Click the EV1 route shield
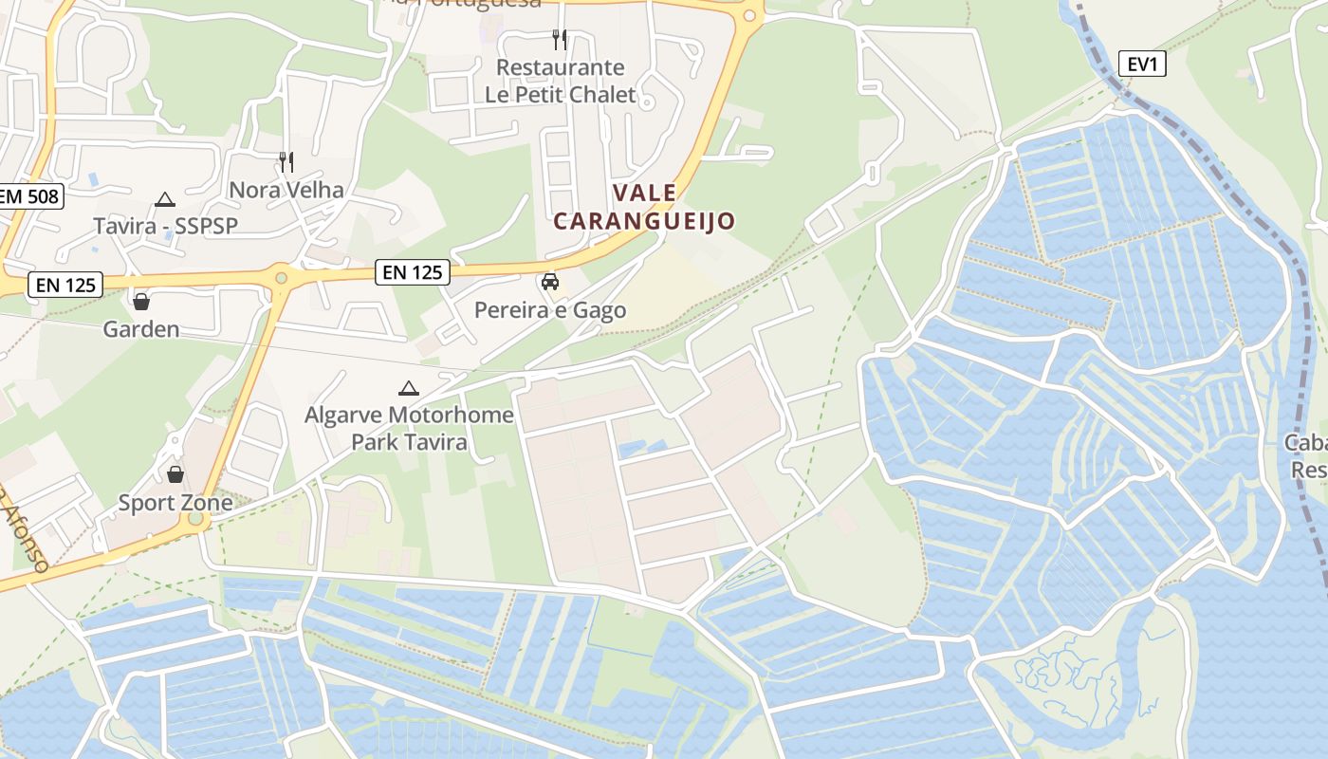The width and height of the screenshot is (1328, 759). (1142, 65)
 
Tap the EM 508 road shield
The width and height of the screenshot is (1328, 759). (29, 197)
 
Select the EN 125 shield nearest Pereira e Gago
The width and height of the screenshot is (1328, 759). (413, 272)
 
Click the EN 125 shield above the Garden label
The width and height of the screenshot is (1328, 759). (65, 285)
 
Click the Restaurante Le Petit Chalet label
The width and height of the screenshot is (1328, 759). (561, 81)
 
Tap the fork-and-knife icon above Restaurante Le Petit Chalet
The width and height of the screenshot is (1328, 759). (560, 39)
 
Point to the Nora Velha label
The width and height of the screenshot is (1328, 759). (286, 190)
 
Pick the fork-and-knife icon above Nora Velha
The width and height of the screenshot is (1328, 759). (286, 161)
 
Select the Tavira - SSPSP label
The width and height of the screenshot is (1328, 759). (165, 226)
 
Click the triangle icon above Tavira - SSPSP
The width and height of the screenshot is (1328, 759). (165, 199)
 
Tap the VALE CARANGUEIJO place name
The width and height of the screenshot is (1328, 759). (644, 207)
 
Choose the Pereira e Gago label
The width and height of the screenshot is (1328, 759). (550, 310)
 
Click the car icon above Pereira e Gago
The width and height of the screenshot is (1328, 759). (549, 282)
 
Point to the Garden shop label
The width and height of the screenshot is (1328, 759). (141, 329)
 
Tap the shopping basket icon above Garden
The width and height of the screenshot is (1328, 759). (141, 302)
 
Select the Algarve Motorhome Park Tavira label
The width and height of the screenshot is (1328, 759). (409, 428)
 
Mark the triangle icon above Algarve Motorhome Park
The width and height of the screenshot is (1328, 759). (409, 387)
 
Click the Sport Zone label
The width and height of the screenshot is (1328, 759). (175, 503)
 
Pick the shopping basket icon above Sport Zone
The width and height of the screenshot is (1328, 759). (175, 474)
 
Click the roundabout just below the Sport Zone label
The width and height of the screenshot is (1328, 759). (195, 519)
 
